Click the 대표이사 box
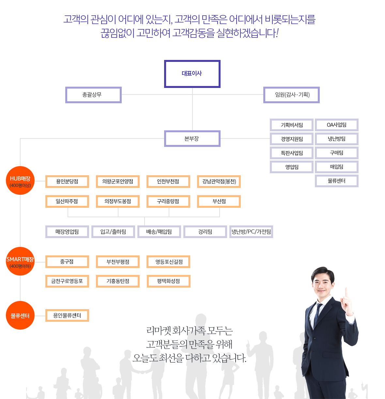[192, 74]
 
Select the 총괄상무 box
[93, 95]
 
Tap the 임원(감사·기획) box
[291, 95]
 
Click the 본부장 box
[192, 139]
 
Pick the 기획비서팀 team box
[292, 125]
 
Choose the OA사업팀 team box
[337, 125]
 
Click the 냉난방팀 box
[337, 139]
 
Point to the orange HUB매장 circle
[20, 180]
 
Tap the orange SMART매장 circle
[20, 261]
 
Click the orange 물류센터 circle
[20, 315]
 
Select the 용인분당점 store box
[67, 181]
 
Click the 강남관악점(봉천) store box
[219, 181]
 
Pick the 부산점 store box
[219, 201]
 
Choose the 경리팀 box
[205, 232]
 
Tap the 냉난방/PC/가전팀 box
[251, 232]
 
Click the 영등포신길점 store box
[168, 262]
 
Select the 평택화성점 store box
[168, 281]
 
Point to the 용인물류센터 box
[67, 315]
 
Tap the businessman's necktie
[317, 313]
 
